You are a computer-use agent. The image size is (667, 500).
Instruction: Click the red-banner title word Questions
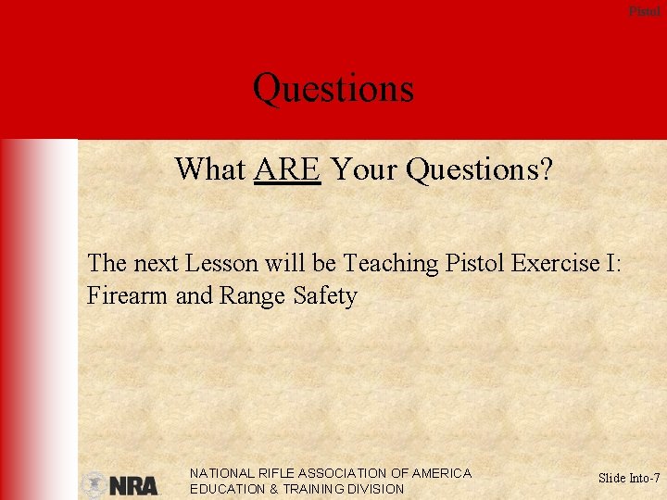pyautogui.click(x=333, y=90)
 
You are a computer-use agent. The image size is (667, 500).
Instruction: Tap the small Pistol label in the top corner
pyautogui.click(x=645, y=11)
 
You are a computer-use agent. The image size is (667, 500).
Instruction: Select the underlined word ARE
pyautogui.click(x=287, y=169)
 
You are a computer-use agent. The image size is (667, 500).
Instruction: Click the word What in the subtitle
pyautogui.click(x=210, y=169)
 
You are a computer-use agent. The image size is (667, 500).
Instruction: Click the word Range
pyautogui.click(x=253, y=297)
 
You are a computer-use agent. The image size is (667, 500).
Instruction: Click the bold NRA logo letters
pyautogui.click(x=133, y=485)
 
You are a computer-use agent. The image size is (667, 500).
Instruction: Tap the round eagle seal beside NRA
pyautogui.click(x=94, y=484)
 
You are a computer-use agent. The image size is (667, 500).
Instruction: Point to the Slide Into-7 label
pyautogui.click(x=629, y=479)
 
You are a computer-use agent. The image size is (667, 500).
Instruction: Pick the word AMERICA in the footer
pyautogui.click(x=441, y=473)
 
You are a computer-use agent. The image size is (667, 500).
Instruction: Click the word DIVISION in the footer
pyautogui.click(x=374, y=489)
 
